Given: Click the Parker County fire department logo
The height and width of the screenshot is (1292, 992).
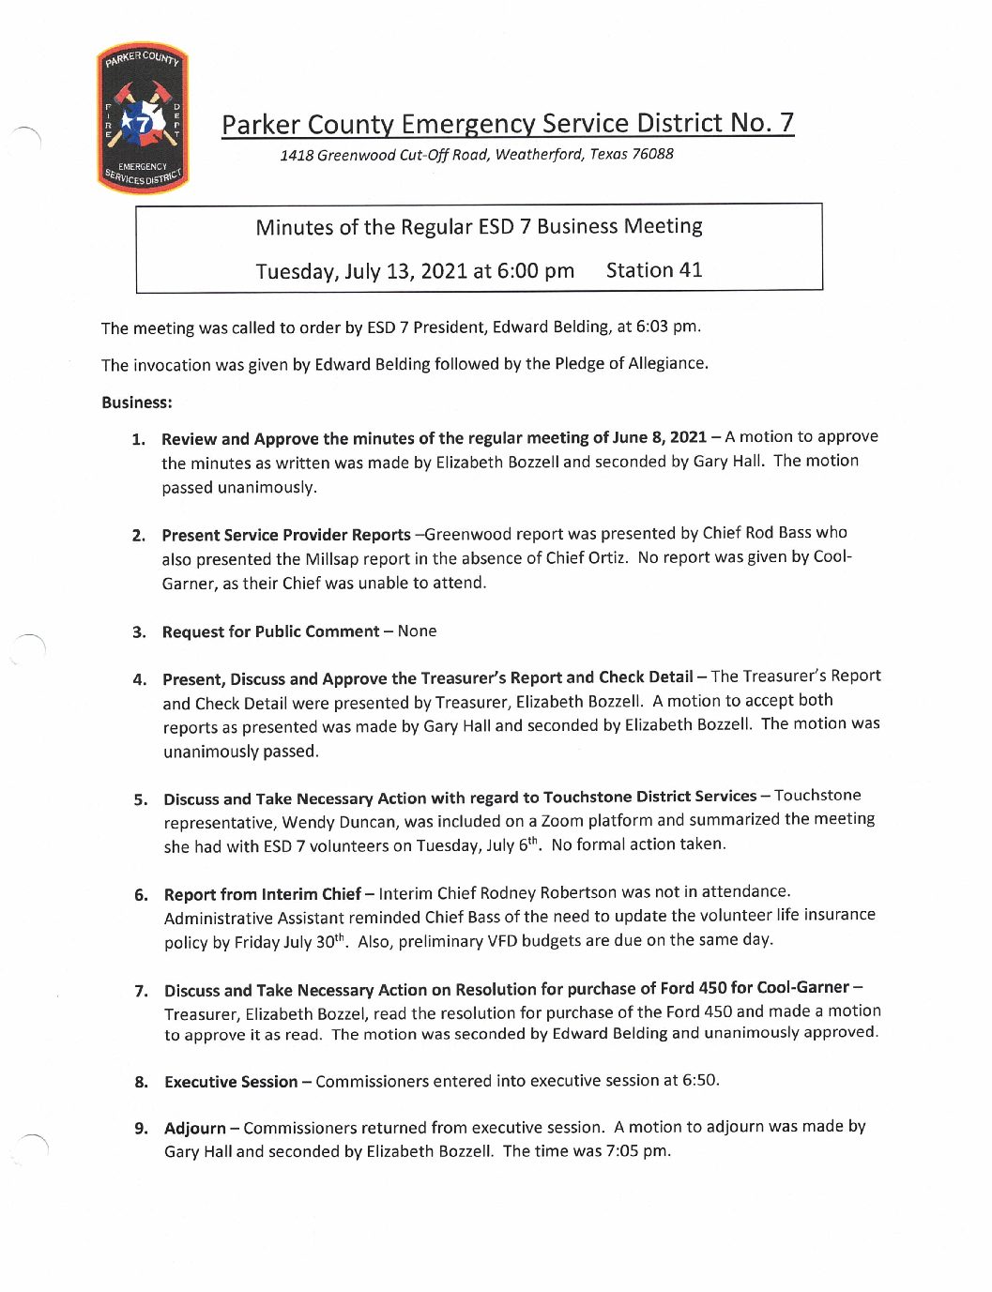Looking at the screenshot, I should pyautogui.click(x=143, y=118).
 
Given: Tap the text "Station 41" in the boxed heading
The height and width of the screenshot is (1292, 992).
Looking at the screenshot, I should pyautogui.click(x=654, y=270).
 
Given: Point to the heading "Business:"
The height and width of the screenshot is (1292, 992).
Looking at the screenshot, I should pyautogui.click(x=137, y=403).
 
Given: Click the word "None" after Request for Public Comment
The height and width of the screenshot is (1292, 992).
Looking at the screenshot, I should pyautogui.click(x=417, y=631).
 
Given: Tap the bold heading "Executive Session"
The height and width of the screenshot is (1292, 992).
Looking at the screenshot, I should pyautogui.click(x=231, y=1082).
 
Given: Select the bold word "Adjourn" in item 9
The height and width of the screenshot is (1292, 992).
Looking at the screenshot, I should pyautogui.click(x=195, y=1128).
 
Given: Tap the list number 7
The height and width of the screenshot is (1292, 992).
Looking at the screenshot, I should pyautogui.click(x=141, y=991).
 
